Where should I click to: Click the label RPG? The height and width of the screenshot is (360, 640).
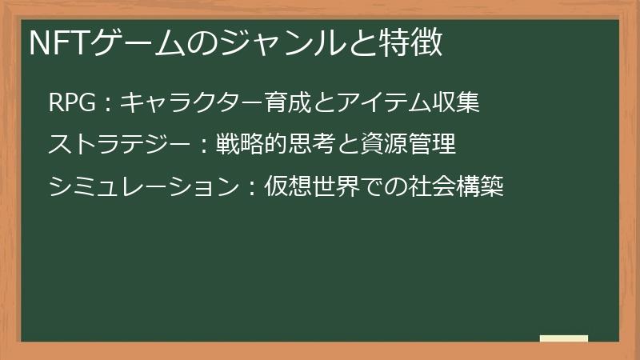pos(73,103)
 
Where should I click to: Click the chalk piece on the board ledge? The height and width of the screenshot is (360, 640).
pos(563,338)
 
